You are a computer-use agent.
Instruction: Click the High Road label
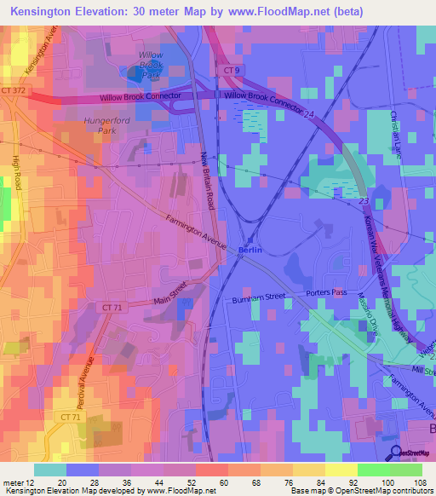click(16, 167)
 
